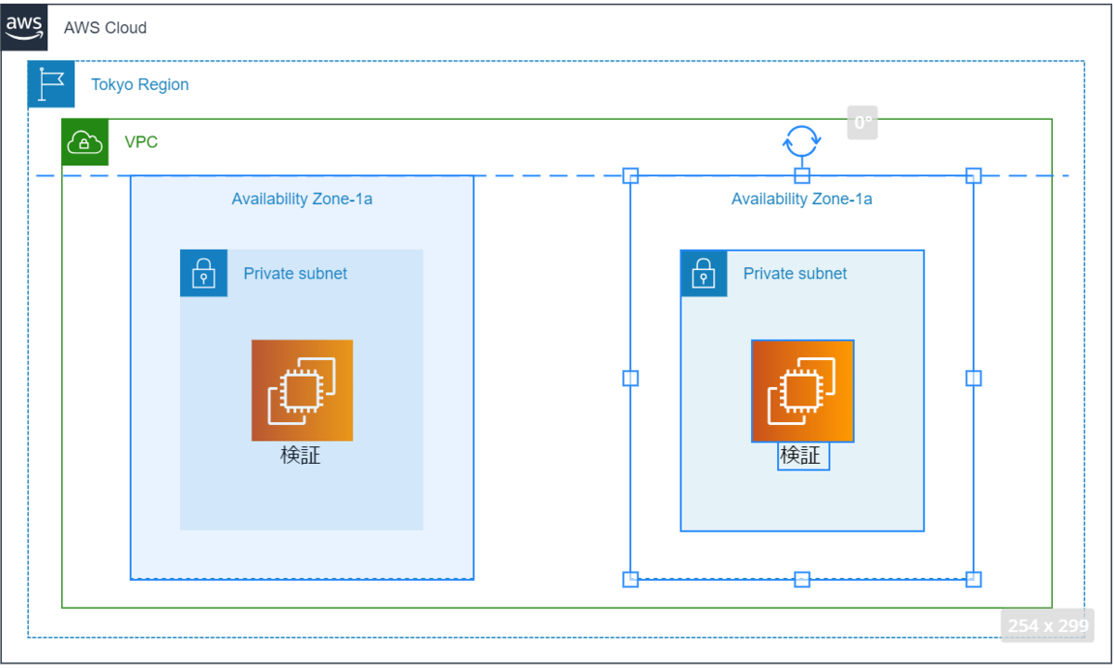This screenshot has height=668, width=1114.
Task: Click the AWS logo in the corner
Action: coord(24,27)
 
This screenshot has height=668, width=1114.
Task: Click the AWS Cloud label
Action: coord(105,28)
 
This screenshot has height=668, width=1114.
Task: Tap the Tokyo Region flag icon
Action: coord(51,84)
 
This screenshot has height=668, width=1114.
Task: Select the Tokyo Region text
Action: coord(140,84)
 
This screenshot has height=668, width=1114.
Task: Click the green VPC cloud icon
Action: coord(85,142)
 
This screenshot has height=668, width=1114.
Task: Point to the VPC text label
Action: coord(141,142)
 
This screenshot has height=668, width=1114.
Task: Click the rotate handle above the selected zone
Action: coord(802,141)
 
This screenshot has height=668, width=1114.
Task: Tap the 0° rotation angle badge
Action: coord(862,122)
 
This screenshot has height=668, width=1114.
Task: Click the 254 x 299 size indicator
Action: coord(1048,625)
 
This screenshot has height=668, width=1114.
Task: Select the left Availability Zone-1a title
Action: coord(302,199)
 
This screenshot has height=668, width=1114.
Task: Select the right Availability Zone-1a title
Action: coord(802,199)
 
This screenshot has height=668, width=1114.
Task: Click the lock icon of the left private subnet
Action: coord(204,273)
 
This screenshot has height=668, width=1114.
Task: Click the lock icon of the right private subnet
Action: coord(704,273)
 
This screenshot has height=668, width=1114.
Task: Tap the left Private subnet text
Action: coord(295,274)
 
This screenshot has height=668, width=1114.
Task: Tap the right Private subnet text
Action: coord(796,274)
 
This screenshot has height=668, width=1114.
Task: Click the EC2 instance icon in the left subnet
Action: coord(303,391)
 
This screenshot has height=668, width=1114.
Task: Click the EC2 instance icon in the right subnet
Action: coord(803,391)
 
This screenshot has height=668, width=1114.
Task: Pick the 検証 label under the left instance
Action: coord(301,456)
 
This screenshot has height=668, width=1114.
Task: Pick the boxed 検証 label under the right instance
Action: coord(803,456)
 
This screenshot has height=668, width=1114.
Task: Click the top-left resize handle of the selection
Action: coord(630,175)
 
